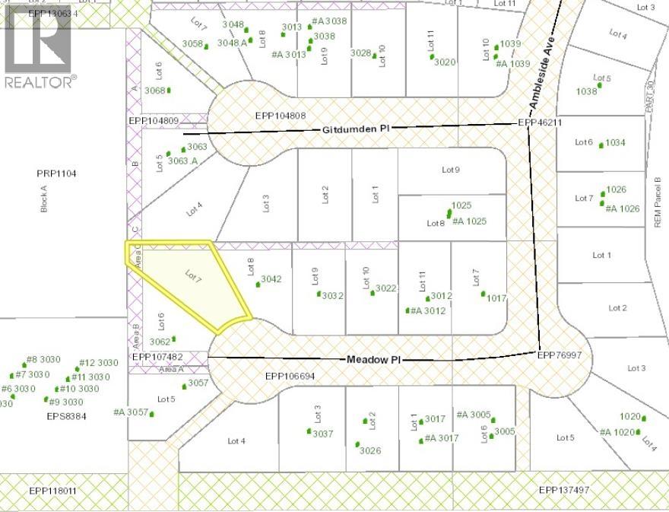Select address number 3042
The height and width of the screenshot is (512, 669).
[271, 279]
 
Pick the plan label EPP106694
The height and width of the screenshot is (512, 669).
[290, 376]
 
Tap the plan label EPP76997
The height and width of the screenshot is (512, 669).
[560, 355]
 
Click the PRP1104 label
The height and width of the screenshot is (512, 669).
[57, 173]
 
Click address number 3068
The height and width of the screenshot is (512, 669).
[154, 91]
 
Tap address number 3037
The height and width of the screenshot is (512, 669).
[323, 434]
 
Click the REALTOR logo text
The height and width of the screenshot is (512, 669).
[40, 81]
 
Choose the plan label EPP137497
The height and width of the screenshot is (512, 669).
[564, 490]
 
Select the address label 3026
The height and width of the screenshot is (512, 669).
[369, 450]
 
